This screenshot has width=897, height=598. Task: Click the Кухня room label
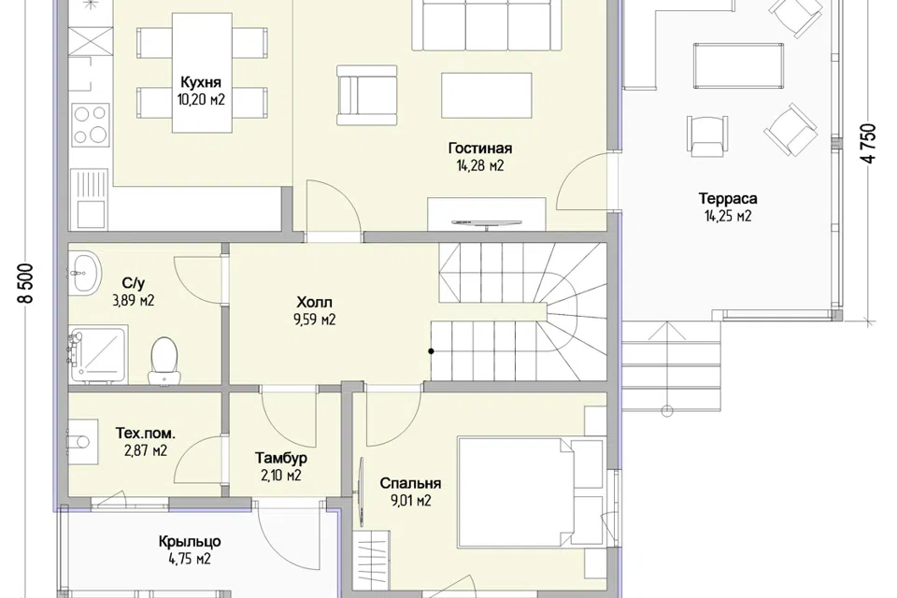click(201, 81)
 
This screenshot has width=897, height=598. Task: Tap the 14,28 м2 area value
click(480, 166)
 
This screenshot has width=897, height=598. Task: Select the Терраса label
click(728, 199)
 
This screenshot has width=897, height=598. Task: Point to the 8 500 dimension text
click(27, 283)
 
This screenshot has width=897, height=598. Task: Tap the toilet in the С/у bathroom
click(164, 361)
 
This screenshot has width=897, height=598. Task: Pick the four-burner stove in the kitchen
click(91, 124)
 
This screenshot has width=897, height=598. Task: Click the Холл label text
click(314, 302)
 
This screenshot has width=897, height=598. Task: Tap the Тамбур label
click(281, 458)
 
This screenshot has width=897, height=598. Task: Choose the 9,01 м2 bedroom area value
click(411, 501)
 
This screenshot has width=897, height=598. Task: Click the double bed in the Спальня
click(530, 491)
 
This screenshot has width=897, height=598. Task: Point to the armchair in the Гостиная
click(366, 95)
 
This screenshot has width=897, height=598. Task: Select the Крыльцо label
click(190, 541)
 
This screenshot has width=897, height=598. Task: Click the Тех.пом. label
click(146, 434)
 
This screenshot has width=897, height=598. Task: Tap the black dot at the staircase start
click(431, 351)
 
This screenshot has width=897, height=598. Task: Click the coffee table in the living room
click(486, 95)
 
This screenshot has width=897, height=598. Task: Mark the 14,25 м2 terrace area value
click(728, 216)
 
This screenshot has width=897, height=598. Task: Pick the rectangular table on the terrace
click(738, 65)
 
